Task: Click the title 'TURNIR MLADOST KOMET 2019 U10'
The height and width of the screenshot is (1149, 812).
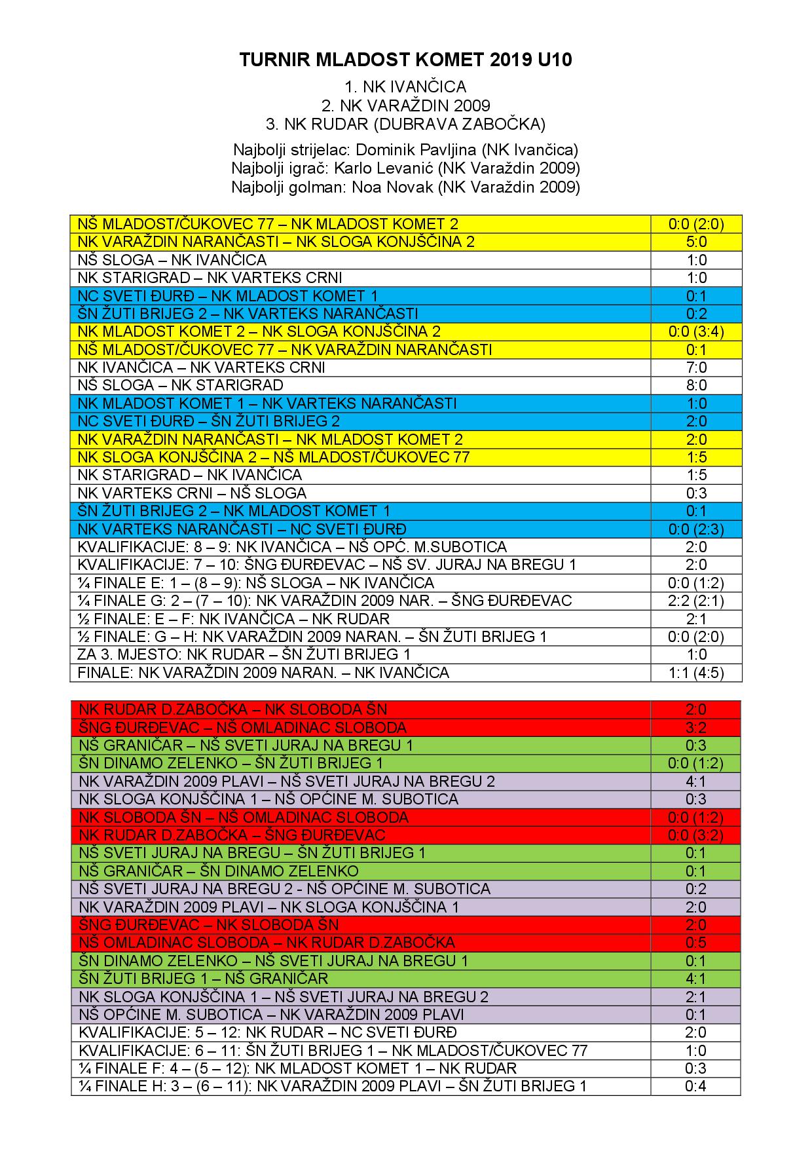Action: (405, 61)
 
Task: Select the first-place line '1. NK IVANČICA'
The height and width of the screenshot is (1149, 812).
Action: (405, 86)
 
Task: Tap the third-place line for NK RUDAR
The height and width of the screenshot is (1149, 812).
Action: (405, 124)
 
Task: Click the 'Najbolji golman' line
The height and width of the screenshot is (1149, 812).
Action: (405, 187)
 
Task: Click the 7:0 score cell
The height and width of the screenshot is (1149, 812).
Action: (696, 367)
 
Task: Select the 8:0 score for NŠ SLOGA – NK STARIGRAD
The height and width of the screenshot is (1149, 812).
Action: (696, 385)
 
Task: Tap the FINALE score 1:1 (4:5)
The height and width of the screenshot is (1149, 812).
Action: (696, 673)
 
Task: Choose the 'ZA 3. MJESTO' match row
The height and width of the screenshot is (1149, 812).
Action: (244, 654)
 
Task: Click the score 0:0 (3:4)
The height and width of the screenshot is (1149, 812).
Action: (696, 331)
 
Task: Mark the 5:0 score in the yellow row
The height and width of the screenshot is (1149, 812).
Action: (696, 242)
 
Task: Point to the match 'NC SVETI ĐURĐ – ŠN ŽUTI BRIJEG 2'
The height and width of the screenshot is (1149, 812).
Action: (217, 421)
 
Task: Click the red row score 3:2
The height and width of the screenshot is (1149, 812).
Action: (695, 727)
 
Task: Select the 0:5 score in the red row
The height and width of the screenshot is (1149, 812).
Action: (695, 943)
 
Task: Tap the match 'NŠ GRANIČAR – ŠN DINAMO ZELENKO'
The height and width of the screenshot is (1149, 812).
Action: (218, 871)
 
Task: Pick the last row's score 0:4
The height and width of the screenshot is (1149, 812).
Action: (695, 1087)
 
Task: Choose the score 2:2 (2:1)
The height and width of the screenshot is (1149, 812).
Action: (696, 601)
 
